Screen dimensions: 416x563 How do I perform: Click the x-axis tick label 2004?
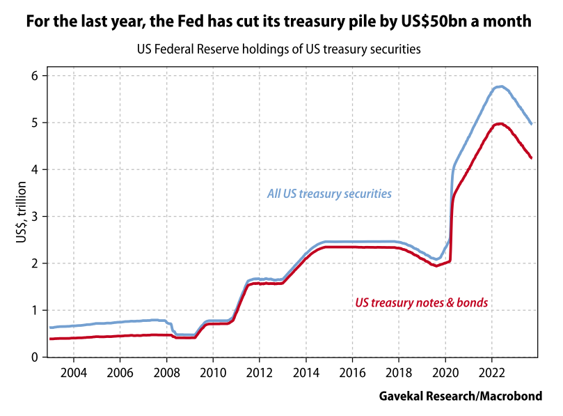[73, 371]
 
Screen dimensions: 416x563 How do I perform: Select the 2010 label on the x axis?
[212, 371]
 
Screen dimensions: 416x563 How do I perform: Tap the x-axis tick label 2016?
[352, 371]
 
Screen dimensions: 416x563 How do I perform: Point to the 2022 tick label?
[491, 371]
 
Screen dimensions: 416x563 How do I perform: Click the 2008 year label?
[166, 371]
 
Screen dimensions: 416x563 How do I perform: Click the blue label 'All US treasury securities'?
[329, 194]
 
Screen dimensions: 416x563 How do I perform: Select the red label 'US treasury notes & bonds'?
[422, 303]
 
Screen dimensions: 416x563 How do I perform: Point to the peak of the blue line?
[500, 86]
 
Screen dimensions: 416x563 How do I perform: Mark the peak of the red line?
[500, 123]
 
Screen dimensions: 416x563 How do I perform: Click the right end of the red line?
[532, 158]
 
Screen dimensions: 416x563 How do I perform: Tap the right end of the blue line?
[532, 124]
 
